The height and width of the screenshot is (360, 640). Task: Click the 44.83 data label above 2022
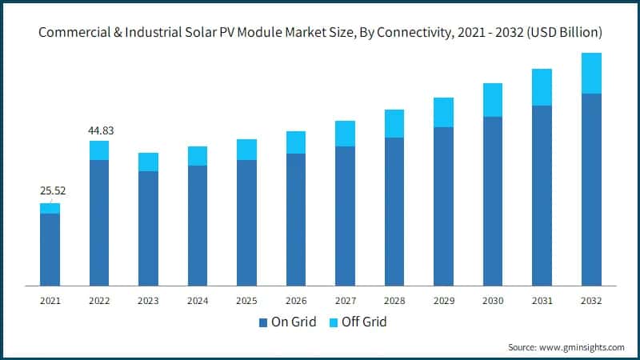(99, 131)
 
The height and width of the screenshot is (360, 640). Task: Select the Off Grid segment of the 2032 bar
(591, 74)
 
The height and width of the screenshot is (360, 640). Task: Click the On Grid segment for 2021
(50, 250)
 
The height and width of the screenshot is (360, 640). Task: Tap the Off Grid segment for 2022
(99, 150)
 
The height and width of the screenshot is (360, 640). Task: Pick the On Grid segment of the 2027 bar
(345, 216)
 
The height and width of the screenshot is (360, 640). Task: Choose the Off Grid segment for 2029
(443, 113)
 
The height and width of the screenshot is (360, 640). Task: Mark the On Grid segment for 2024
(198, 226)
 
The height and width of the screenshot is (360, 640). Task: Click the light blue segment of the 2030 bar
(493, 100)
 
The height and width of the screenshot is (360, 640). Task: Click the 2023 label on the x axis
(148, 301)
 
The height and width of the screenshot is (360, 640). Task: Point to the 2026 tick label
(296, 301)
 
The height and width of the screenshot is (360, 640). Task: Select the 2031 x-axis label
(542, 301)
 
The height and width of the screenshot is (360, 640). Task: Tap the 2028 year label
(394, 301)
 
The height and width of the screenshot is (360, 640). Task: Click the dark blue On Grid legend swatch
(263, 322)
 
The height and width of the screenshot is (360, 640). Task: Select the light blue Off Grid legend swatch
(334, 322)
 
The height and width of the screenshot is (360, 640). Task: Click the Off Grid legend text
(365, 322)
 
